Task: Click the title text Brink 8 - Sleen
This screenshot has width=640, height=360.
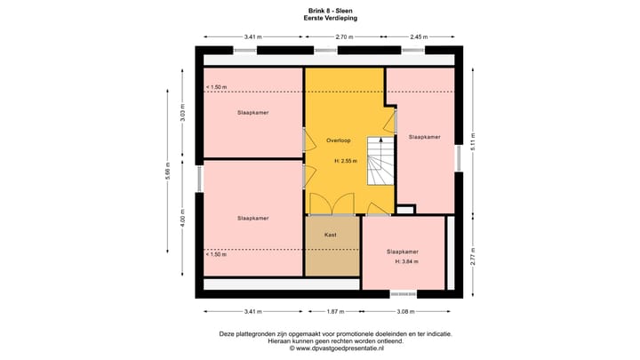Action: pyautogui.click(x=320, y=10)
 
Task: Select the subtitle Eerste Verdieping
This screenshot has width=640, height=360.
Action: pyautogui.click(x=320, y=17)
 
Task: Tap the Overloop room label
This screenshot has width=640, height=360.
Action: pyautogui.click(x=339, y=140)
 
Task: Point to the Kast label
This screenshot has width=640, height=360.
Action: pyautogui.click(x=330, y=236)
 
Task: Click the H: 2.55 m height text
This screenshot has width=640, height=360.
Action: pyautogui.click(x=345, y=161)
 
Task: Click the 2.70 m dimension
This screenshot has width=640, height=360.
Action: pyautogui.click(x=344, y=36)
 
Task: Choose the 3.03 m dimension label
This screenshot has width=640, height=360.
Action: pyautogui.click(x=182, y=113)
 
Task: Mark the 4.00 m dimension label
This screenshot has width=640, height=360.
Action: pyautogui.click(x=182, y=219)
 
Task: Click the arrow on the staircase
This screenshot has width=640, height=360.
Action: pyautogui.click(x=381, y=141)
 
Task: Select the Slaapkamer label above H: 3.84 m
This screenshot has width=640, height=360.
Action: pyautogui.click(x=403, y=252)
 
